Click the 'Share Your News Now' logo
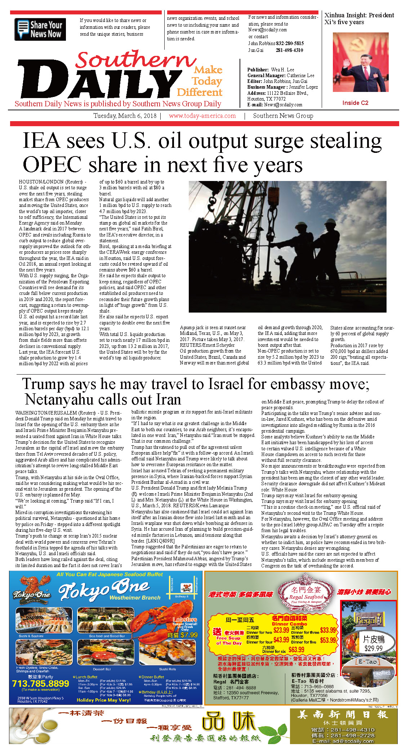pyautogui.click(x=40, y=29)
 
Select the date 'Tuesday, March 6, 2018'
pyautogui.click(x=125, y=116)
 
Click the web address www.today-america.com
pyautogui.click(x=202, y=116)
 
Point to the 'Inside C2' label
pyautogui.click(x=355, y=103)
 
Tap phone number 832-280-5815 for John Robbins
pyautogui.click(x=290, y=43)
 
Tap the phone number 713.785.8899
pyautogui.click(x=40, y=684)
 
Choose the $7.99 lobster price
pyautogui.click(x=188, y=635)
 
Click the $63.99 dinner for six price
pyautogui.click(x=296, y=650)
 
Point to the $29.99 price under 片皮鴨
pyautogui.click(x=373, y=648)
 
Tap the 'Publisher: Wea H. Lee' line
pyautogui.click(x=271, y=70)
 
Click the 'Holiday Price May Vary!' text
pyautogui.click(x=104, y=700)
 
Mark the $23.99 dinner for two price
pyautogui.click(x=281, y=630)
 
